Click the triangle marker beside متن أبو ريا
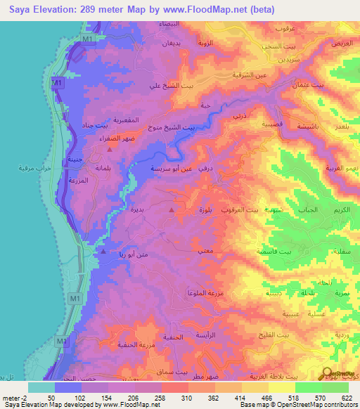tap(104, 250)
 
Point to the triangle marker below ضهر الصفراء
tap(99, 148)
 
